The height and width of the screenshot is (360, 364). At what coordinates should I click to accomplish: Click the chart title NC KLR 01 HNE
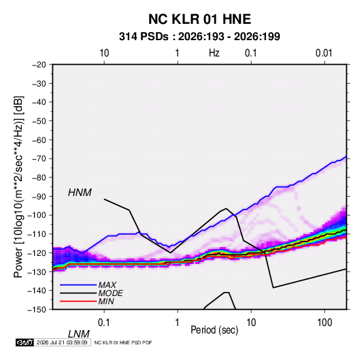(x=199, y=19)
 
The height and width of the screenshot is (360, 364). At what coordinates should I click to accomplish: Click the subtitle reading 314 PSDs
(x=144, y=37)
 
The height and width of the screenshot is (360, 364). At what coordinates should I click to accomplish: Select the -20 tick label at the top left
(x=39, y=65)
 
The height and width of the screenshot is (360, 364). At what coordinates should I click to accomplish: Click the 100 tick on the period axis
(x=325, y=323)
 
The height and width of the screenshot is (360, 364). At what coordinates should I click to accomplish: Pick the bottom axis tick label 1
(x=178, y=323)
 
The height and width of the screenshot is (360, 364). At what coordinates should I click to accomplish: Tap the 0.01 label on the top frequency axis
(x=324, y=53)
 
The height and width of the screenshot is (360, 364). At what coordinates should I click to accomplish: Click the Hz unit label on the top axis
(x=214, y=53)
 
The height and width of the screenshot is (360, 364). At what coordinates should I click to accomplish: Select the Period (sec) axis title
(x=214, y=330)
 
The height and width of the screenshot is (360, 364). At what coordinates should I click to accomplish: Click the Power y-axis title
(x=19, y=187)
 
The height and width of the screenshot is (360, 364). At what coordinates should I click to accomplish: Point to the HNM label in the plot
(x=80, y=193)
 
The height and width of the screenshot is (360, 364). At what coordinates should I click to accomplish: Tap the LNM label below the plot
(x=79, y=334)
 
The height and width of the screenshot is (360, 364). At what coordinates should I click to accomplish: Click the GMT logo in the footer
(x=25, y=342)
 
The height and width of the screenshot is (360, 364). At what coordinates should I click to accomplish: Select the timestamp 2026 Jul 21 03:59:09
(x=62, y=342)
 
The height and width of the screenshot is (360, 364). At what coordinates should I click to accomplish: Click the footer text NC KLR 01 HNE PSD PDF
(x=123, y=342)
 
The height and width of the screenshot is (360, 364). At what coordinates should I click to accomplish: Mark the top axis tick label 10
(x=104, y=53)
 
